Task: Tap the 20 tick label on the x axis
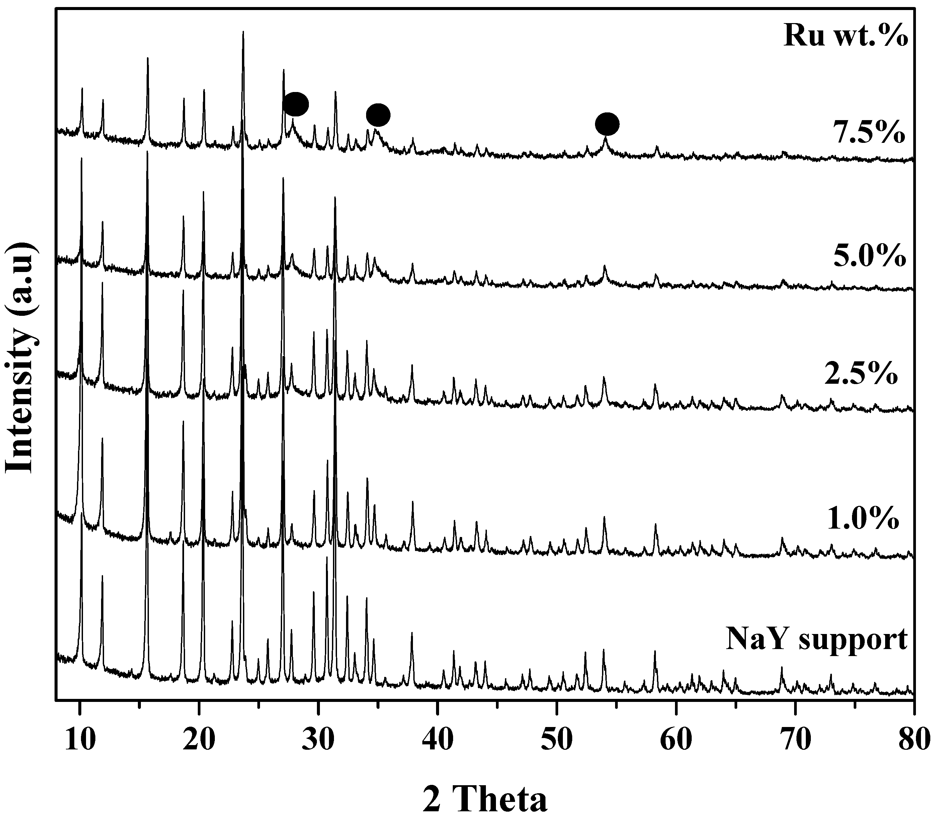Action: pos(198,739)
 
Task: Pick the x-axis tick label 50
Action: pos(556,739)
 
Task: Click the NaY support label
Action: pos(816,640)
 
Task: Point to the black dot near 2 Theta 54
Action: pos(607,124)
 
